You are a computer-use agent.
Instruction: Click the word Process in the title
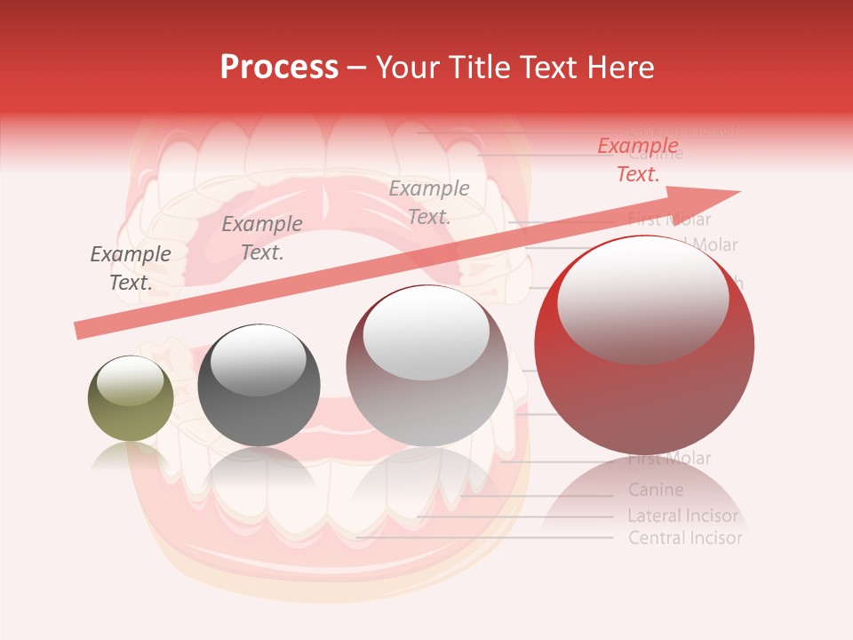click(279, 68)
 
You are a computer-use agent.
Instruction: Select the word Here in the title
click(622, 68)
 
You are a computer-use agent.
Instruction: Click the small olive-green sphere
click(131, 398)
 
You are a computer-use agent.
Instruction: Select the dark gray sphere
click(259, 385)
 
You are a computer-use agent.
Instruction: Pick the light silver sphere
click(427, 365)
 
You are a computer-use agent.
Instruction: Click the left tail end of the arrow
click(80, 331)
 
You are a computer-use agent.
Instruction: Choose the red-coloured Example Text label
click(638, 160)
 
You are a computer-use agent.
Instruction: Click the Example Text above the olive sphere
click(131, 268)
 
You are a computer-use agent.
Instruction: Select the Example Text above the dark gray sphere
click(262, 238)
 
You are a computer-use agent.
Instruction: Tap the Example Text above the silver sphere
click(429, 202)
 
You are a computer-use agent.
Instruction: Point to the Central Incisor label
click(684, 538)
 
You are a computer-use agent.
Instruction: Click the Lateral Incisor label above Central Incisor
click(682, 516)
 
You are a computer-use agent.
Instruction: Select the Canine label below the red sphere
click(656, 490)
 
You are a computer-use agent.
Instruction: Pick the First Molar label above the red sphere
click(670, 220)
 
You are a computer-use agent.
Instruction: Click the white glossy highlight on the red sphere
click(642, 298)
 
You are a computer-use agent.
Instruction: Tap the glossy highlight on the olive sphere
click(130, 380)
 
